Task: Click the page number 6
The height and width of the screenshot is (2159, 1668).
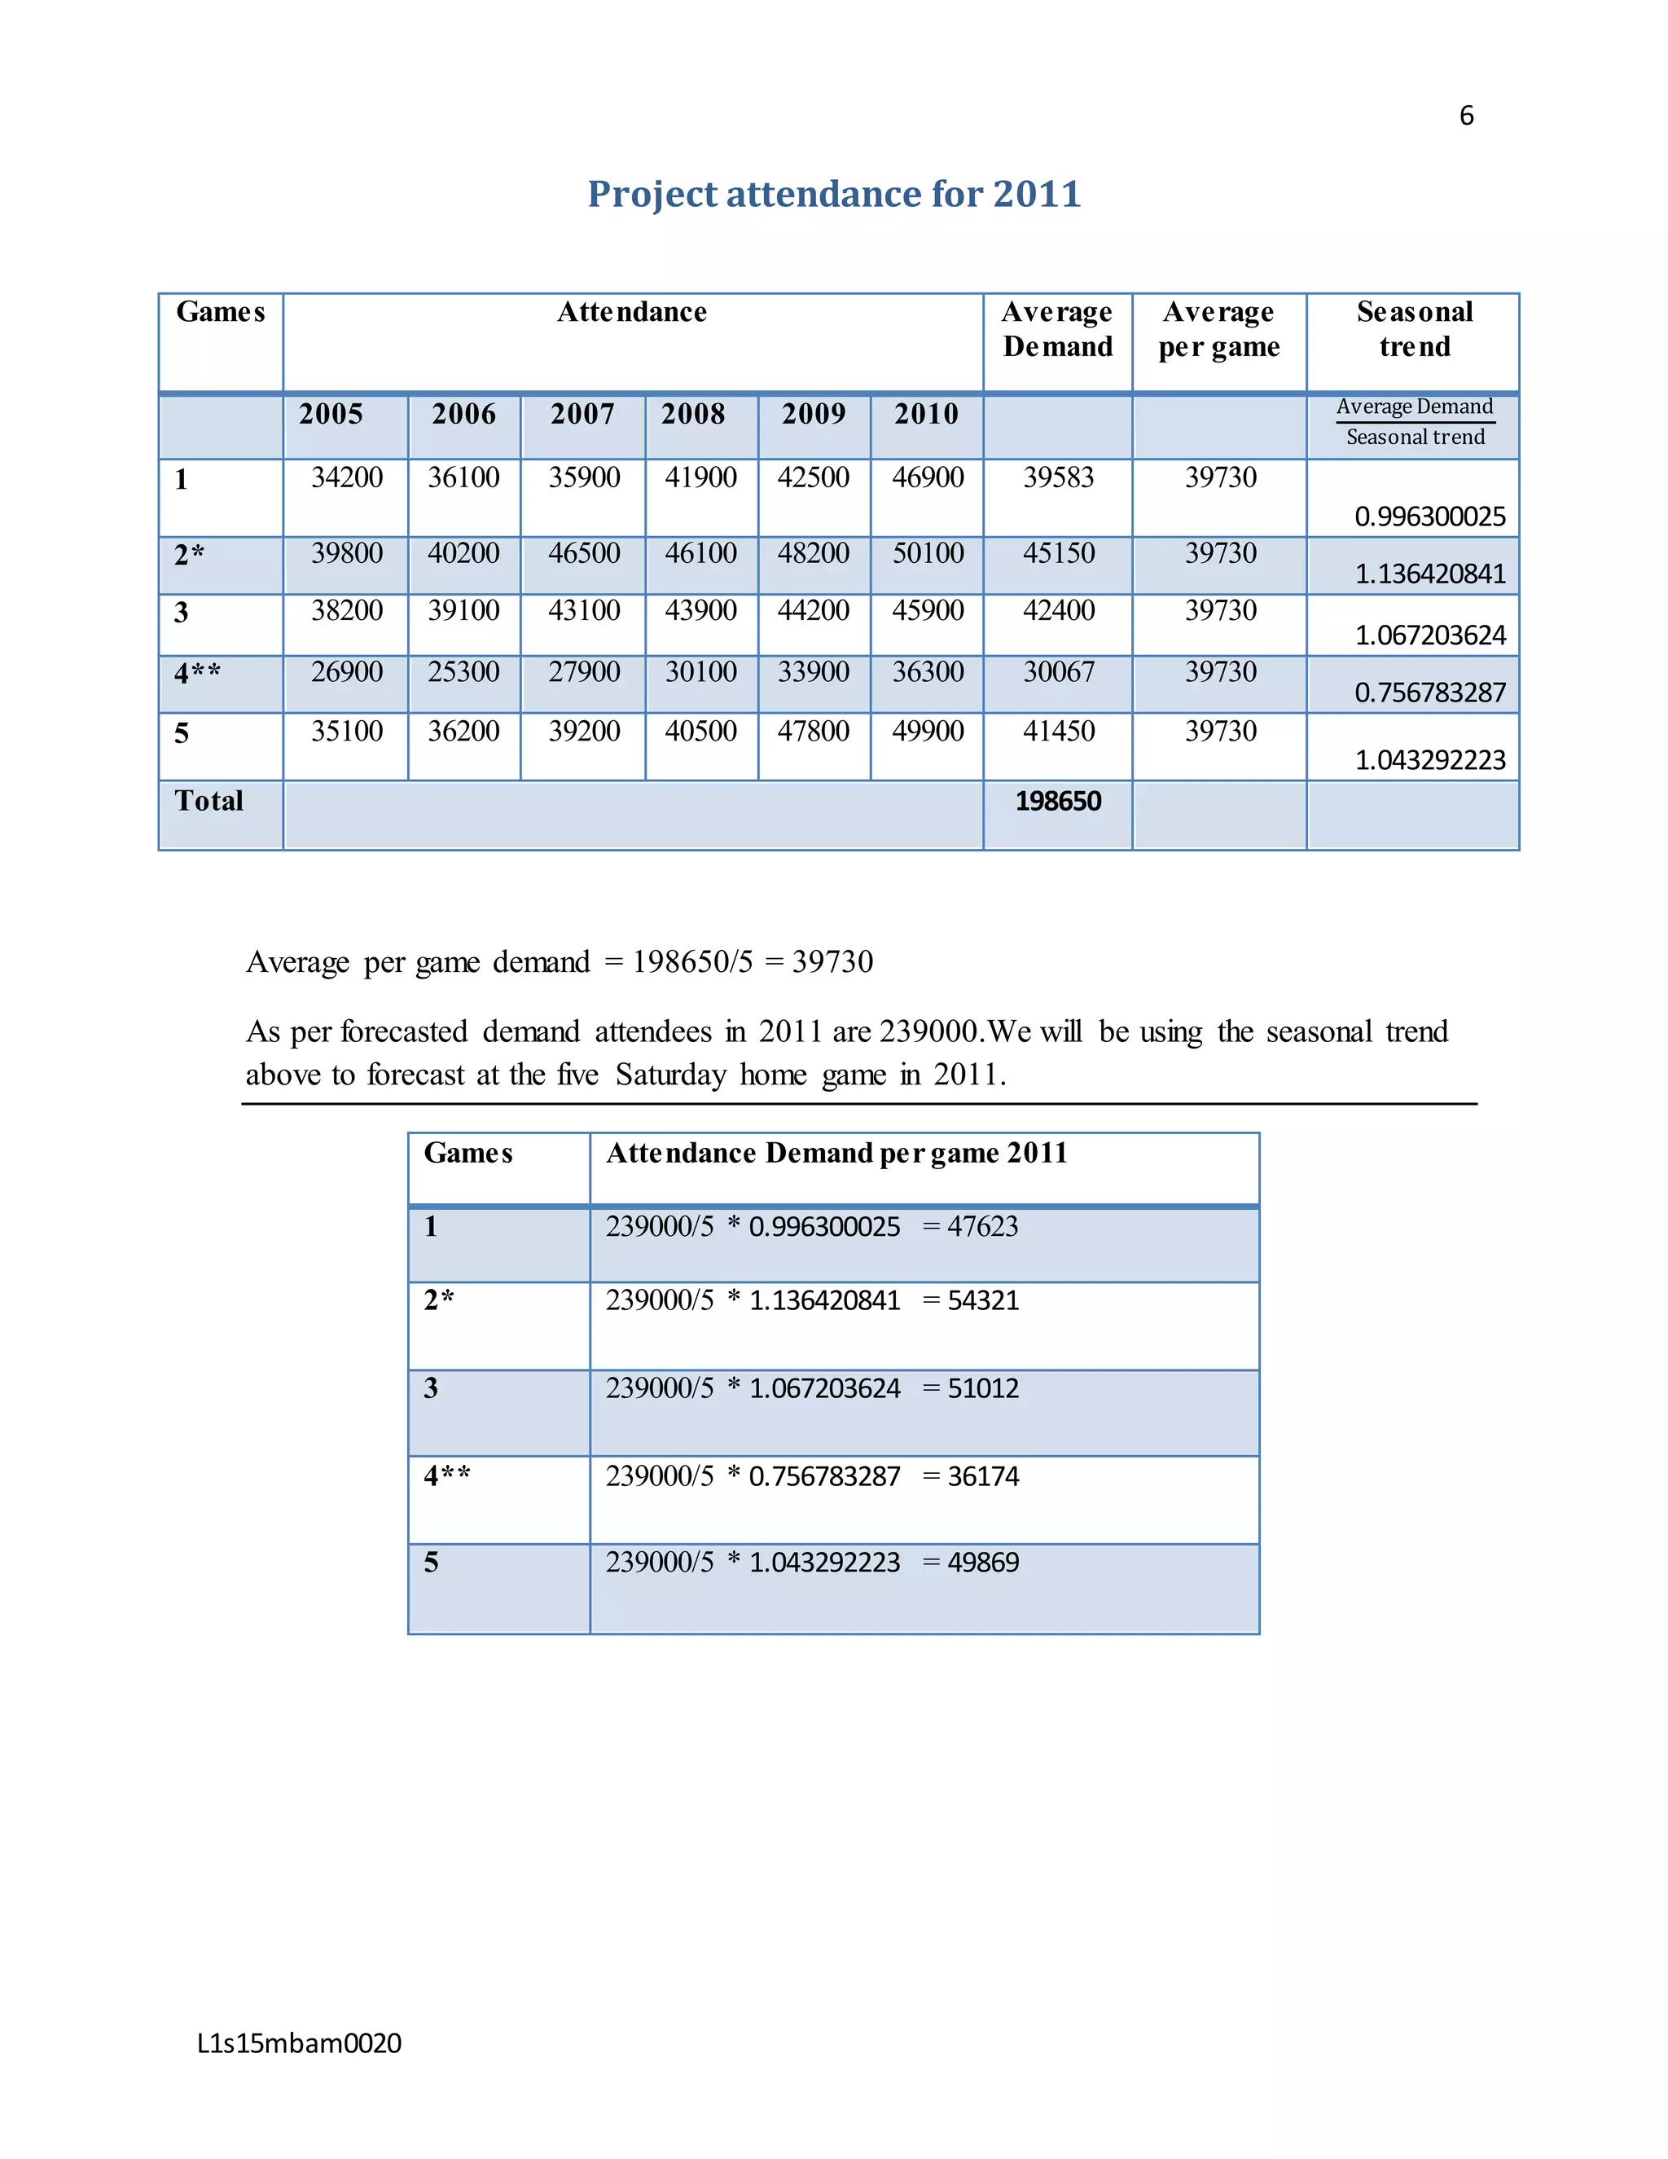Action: (x=1465, y=116)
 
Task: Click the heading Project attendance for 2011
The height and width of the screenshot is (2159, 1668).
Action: (x=834, y=194)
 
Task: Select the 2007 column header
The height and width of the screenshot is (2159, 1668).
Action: (x=582, y=414)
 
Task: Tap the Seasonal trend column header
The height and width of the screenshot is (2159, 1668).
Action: (x=1414, y=329)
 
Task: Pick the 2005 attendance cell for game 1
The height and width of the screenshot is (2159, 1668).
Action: (x=347, y=477)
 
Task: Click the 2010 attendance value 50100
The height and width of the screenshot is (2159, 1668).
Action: (x=928, y=552)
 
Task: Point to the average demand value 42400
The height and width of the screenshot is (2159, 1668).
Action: (x=1058, y=610)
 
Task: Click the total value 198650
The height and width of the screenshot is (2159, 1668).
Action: (x=1057, y=801)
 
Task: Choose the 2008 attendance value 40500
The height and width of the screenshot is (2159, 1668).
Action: (x=700, y=731)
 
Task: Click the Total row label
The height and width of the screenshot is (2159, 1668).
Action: (x=208, y=801)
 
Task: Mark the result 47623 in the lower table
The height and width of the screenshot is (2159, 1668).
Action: (x=982, y=1226)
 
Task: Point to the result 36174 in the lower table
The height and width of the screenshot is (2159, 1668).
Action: (x=982, y=1476)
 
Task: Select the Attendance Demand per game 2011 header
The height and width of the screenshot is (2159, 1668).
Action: (x=836, y=1153)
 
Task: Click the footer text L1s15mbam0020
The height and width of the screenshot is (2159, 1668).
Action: (x=300, y=2042)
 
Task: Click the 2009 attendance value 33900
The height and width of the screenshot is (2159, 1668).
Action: (x=814, y=671)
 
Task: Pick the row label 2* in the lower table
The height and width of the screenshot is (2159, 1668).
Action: (x=439, y=1300)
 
